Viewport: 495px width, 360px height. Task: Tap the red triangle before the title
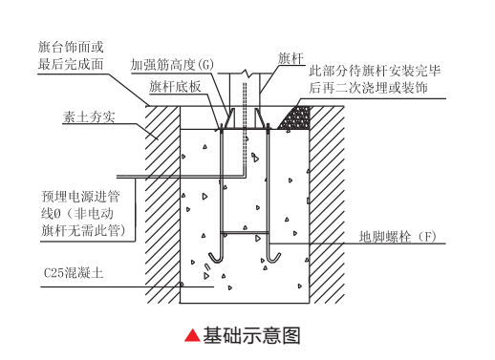tap(192, 335)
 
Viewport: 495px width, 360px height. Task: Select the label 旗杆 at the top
tap(291, 58)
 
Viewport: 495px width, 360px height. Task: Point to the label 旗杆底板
tap(175, 86)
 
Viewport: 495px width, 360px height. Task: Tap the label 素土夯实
tap(89, 118)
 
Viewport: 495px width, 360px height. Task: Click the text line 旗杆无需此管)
tap(86, 230)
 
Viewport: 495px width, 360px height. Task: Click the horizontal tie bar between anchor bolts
tap(247, 230)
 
